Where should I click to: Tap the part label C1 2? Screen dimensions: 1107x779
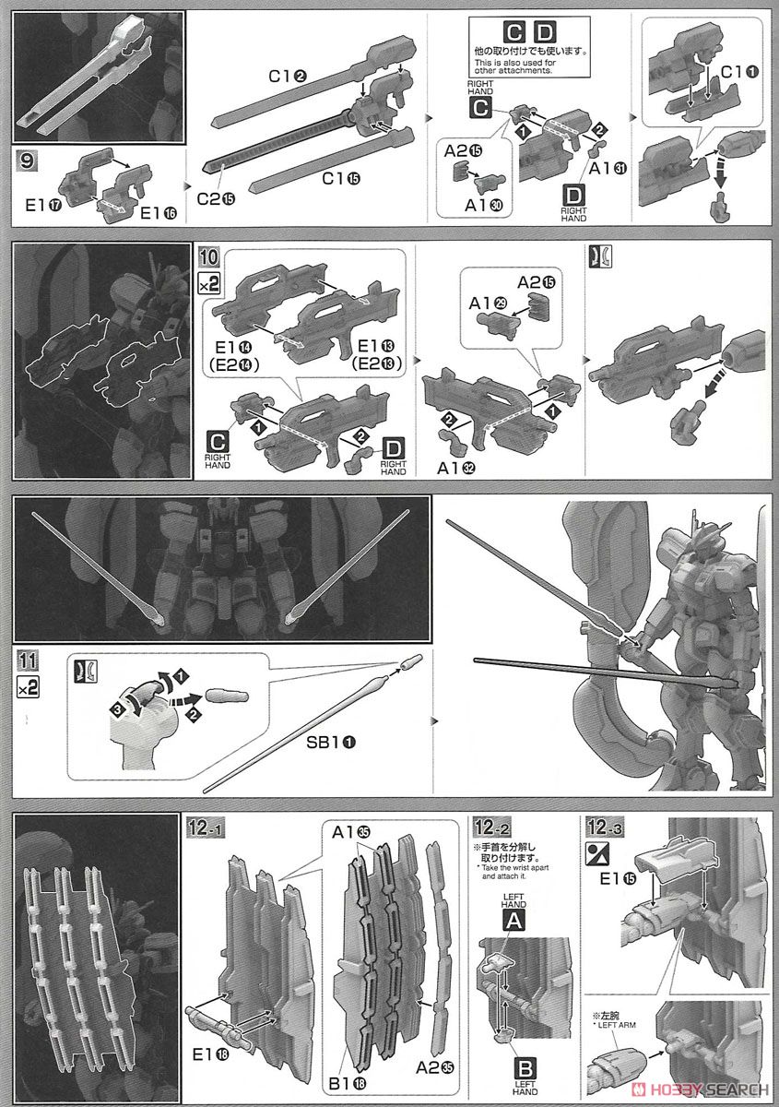pyautogui.click(x=287, y=77)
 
